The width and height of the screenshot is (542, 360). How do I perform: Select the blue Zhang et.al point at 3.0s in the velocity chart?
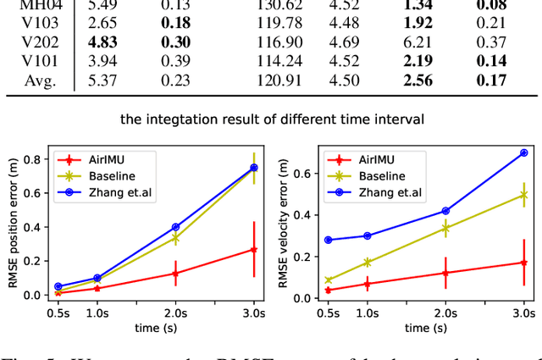(524, 152)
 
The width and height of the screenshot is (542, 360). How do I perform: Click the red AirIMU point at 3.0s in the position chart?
(253, 249)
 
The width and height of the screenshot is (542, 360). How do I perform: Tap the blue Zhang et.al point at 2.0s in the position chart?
(176, 227)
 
